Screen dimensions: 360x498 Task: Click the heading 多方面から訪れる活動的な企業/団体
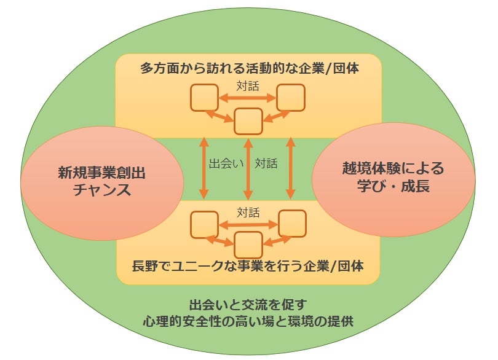tap(250, 69)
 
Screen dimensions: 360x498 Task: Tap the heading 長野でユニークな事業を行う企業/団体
tap(248, 268)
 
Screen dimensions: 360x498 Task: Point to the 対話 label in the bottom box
tap(248, 213)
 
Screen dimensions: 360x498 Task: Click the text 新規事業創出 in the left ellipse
tap(102, 172)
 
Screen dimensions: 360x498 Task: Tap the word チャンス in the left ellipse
tap(102, 190)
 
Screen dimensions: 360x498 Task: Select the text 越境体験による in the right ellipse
tap(393, 168)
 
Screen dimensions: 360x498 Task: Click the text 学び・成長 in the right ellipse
tap(393, 186)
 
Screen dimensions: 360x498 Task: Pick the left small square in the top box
tap(204, 97)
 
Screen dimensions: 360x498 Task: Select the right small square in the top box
tap(290, 97)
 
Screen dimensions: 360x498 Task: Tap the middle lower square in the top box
tap(248, 120)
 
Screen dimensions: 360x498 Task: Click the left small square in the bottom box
tap(204, 224)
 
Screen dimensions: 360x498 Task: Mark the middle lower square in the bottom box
tap(248, 245)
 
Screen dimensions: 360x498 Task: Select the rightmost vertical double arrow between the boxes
tap(291, 168)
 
